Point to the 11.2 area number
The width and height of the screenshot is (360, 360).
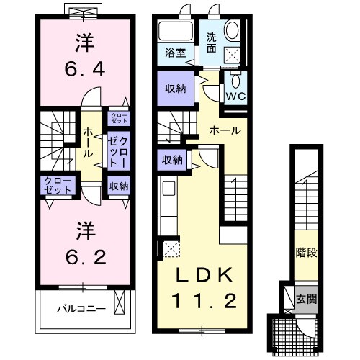point(204,300)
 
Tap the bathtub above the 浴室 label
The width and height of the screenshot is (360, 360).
point(174,31)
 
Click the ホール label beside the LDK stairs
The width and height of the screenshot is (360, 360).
point(225,130)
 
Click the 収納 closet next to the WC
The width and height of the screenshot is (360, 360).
point(174,89)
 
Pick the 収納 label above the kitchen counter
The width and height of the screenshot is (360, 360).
point(172,160)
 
